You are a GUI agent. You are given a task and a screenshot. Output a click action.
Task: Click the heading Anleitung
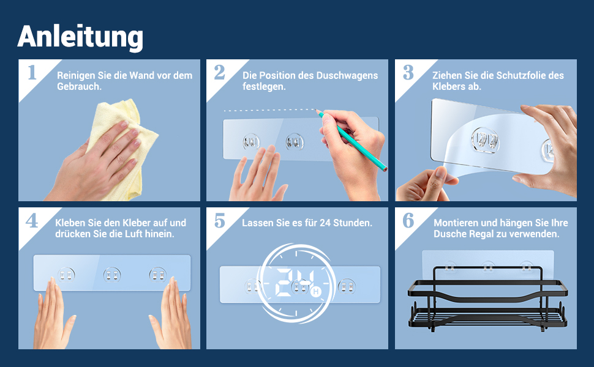coord(80,37)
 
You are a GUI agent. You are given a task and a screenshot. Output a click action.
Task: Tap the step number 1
coord(32,72)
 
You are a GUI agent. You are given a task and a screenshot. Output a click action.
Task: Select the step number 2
coord(219,72)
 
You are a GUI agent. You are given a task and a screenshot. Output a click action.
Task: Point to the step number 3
coord(408,72)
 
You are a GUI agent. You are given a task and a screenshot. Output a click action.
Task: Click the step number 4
coord(32,220)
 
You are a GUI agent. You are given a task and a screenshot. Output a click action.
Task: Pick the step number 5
coord(219,220)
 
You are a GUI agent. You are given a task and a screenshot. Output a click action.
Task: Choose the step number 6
coord(408,220)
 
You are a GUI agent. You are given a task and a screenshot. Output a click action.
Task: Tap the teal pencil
coord(351,140)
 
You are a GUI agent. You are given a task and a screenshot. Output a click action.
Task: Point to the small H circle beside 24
coord(315,291)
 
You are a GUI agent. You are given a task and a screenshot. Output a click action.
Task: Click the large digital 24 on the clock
coord(294,282)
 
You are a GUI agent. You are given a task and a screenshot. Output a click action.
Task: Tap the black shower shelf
coord(487,299)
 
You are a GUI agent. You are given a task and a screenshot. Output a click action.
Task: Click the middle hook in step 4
coord(112,275)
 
